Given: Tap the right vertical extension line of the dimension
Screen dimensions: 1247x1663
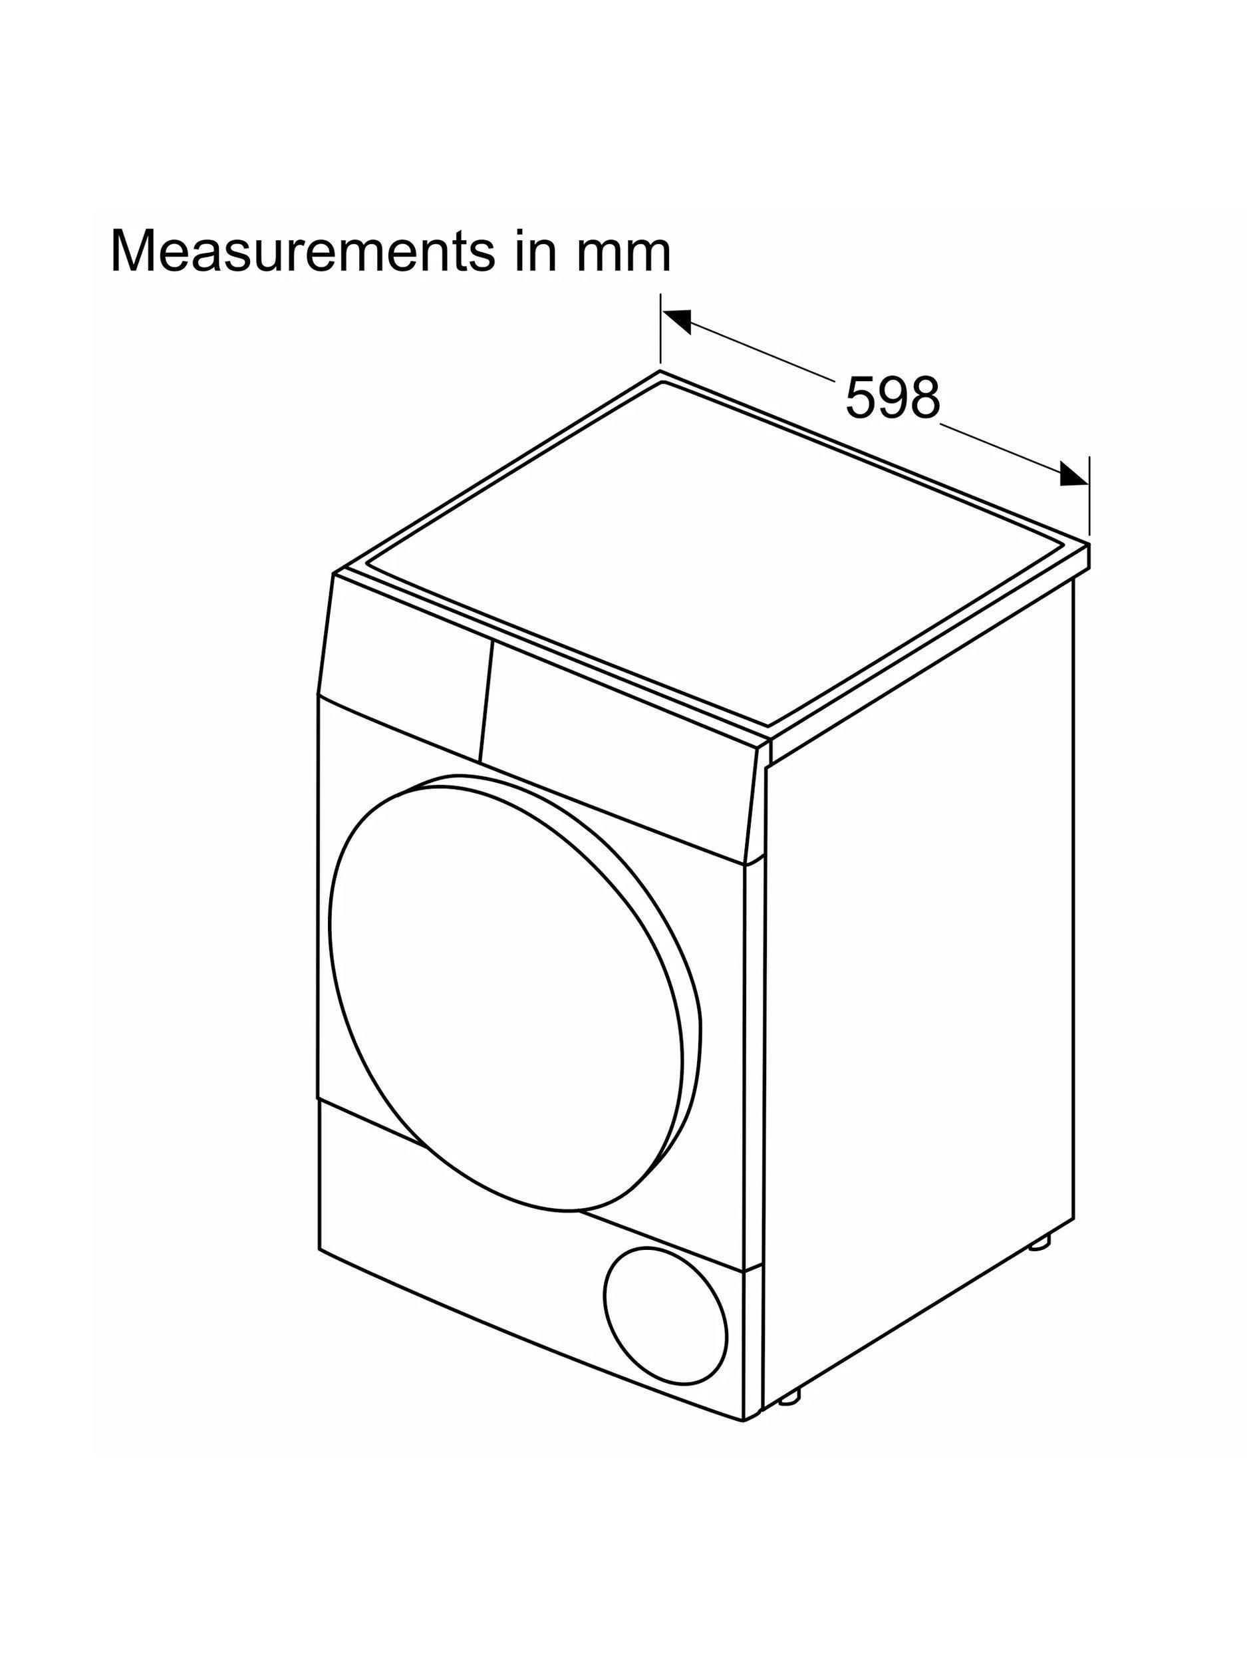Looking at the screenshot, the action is click(x=1089, y=497).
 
